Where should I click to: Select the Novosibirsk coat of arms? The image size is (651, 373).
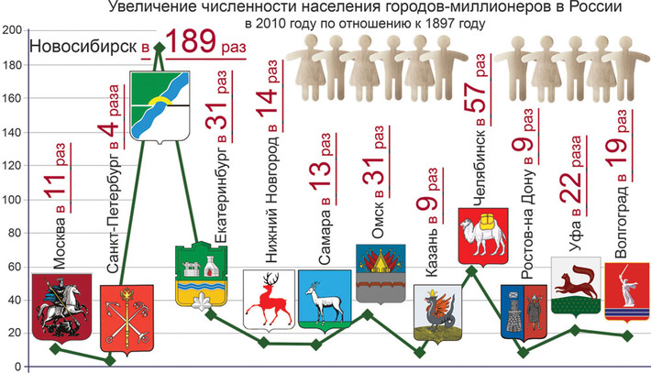160,108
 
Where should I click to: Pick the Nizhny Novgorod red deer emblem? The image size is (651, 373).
269,298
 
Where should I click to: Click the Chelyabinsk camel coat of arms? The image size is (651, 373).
482,236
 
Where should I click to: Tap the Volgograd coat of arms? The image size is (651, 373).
626,292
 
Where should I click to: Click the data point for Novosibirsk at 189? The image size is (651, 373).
160,48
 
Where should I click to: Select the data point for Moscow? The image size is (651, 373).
56,349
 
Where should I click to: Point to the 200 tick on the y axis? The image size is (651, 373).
11,30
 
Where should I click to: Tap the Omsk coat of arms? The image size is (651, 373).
381,274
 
